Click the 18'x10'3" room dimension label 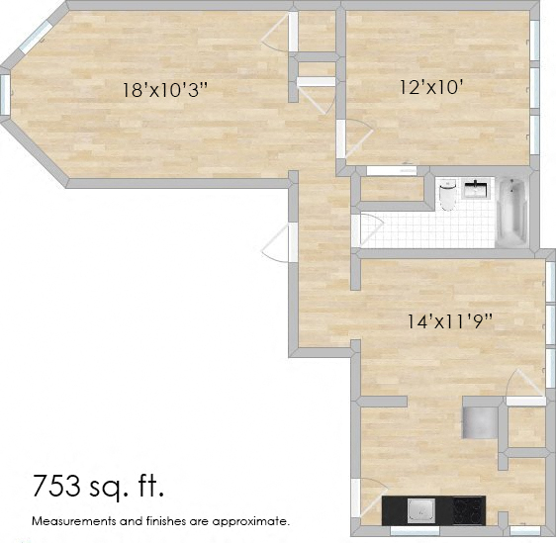tap(164, 90)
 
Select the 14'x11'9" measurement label tap(450, 320)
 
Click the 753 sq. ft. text tap(98, 486)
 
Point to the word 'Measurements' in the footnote tap(72, 520)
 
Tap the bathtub tap(512, 211)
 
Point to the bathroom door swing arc tap(368, 230)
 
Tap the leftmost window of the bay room tap(6, 94)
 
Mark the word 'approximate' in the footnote tap(255, 520)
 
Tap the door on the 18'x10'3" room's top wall tap(279, 35)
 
